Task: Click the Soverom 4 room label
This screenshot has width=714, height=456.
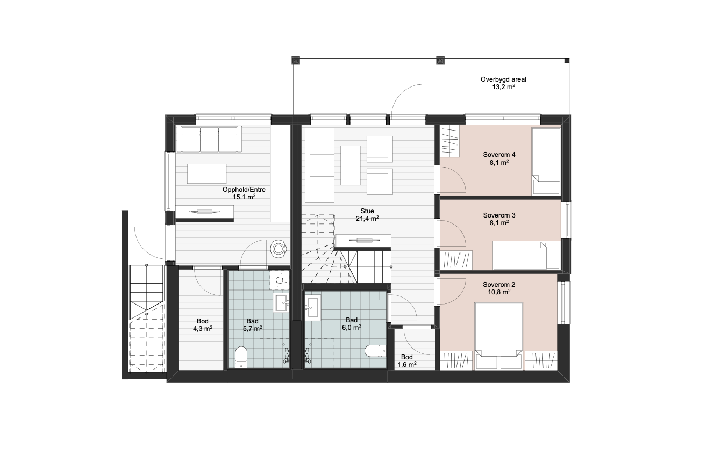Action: (499, 158)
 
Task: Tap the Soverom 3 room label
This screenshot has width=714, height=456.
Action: (499, 219)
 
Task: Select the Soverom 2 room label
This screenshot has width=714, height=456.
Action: (499, 288)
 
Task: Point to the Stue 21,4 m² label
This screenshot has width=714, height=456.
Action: (367, 215)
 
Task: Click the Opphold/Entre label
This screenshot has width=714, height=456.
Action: (244, 190)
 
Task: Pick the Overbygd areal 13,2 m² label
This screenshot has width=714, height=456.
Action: (503, 83)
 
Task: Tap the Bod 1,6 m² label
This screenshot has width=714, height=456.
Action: (406, 361)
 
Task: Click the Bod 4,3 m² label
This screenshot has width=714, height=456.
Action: (202, 325)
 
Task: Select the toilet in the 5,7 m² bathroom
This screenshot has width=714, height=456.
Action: (241, 357)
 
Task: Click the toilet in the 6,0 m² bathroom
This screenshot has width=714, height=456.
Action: (375, 351)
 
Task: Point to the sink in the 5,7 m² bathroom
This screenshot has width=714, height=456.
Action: (281, 303)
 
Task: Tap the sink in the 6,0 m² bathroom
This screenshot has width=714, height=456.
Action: (312, 308)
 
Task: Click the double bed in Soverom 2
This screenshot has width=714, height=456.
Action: (498, 336)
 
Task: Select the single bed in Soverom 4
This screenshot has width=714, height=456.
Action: (546, 161)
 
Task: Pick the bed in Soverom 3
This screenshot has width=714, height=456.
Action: (526, 255)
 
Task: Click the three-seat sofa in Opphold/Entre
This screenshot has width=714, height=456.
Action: (209, 139)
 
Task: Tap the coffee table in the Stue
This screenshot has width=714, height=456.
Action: (351, 165)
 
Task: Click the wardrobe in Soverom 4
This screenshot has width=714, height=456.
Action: (450, 141)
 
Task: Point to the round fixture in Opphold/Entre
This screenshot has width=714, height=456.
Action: (279, 248)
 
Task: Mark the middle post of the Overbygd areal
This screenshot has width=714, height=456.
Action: (440, 61)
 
